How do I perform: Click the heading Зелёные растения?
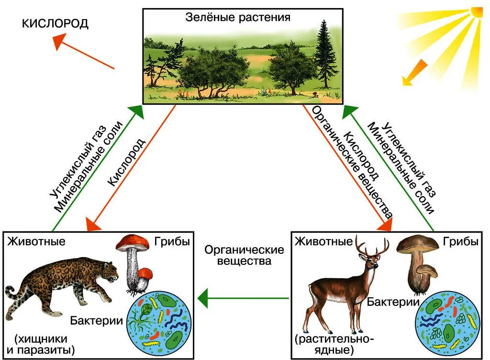[x=238, y=18]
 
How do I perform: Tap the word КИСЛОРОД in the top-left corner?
[x=56, y=24]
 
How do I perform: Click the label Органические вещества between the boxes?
[x=244, y=255]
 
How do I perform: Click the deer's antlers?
[x=372, y=246]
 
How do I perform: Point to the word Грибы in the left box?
[x=172, y=241]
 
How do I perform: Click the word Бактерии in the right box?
[x=393, y=302]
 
